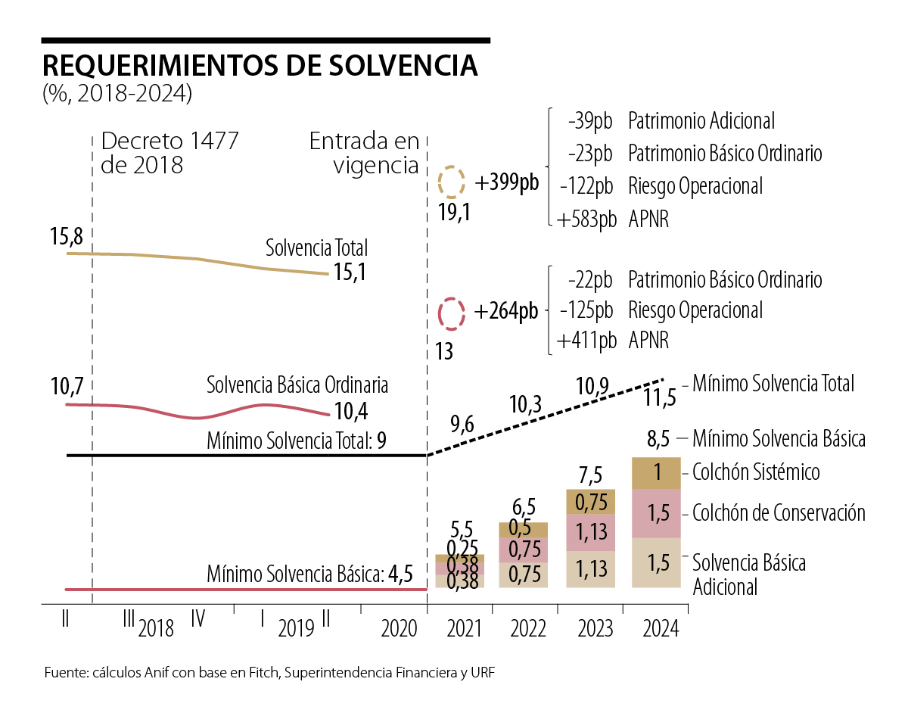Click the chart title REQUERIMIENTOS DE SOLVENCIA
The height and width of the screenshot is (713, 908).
260,66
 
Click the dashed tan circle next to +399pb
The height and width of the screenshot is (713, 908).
452,183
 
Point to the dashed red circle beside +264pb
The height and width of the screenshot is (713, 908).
452,313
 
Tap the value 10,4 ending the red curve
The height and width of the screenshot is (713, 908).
350,412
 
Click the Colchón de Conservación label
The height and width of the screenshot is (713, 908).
779,512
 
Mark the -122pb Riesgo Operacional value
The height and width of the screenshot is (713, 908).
587,186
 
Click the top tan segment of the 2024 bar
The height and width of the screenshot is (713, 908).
657,473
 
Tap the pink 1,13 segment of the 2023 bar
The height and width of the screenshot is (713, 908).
590,532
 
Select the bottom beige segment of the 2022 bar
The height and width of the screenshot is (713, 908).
524,574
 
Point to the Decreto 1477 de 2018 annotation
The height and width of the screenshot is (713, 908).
169,153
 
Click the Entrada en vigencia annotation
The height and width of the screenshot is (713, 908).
364,153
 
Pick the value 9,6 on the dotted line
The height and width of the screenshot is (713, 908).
461,425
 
